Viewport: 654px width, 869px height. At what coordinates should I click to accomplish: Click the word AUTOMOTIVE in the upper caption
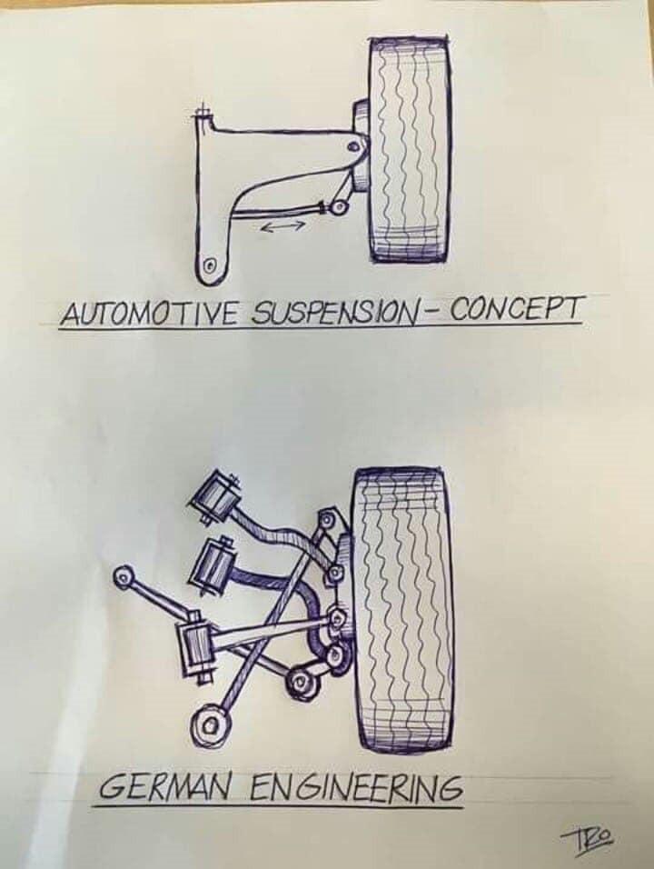[x=153, y=314]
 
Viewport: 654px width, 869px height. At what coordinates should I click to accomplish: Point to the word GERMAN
[x=171, y=787]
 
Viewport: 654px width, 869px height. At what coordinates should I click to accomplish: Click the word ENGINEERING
[x=355, y=787]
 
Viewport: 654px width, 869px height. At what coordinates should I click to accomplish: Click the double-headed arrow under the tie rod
[x=282, y=225]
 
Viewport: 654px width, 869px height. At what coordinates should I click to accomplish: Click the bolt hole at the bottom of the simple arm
[x=210, y=265]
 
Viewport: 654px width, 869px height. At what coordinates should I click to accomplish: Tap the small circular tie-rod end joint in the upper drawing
[x=337, y=208]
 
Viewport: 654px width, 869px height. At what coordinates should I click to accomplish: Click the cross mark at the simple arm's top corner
[x=203, y=112]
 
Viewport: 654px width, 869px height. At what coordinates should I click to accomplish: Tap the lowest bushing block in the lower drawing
[x=195, y=645]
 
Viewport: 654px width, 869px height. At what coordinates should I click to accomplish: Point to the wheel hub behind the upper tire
[x=360, y=145]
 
